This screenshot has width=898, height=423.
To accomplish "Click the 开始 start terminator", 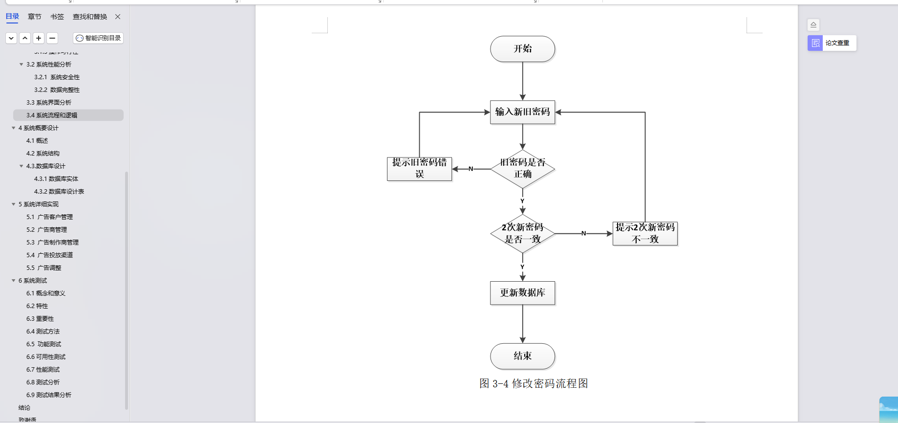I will click(522, 49).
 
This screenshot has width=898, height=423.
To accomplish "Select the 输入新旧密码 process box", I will click(522, 112).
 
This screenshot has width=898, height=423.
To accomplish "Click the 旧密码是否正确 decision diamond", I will click(522, 169).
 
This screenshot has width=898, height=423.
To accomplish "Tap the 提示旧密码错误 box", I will click(419, 169).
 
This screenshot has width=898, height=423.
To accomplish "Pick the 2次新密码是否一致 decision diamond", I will click(522, 234).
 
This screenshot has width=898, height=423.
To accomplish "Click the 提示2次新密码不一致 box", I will click(645, 233).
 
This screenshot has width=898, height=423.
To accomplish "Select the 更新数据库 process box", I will click(522, 293).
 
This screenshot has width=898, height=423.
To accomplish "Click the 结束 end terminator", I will click(522, 356).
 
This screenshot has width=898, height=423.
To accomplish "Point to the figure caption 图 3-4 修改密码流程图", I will click(534, 383).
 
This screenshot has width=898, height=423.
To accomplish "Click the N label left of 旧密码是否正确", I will click(470, 169).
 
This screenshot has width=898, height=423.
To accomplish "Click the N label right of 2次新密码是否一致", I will click(583, 233).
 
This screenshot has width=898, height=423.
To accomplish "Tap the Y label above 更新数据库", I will click(522, 267).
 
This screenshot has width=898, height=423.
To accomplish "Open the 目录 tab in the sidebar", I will click(12, 17).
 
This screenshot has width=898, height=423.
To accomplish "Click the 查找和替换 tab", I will click(90, 17).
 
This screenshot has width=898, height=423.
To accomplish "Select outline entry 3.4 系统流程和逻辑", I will click(52, 115).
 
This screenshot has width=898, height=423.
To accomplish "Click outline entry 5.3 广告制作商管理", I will click(52, 243).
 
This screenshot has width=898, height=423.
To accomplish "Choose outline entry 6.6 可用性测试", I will click(46, 357).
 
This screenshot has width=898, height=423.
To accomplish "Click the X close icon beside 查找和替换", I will click(118, 17).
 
